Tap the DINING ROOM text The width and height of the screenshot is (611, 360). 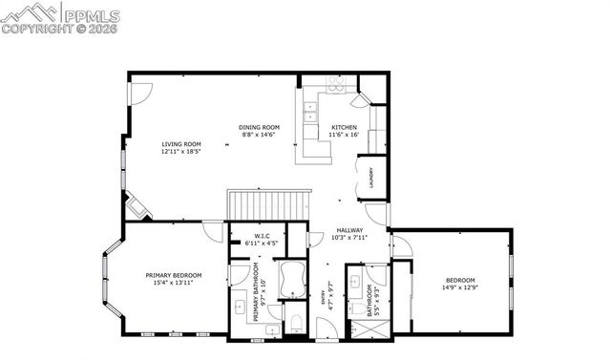click(x=259, y=127)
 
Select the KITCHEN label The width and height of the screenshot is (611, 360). click(x=344, y=127)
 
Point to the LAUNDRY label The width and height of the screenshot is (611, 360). click(x=371, y=179)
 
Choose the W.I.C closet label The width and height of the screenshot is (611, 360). click(x=261, y=236)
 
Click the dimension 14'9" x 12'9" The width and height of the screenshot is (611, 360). click(x=459, y=286)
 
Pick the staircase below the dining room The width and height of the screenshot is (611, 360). click(x=268, y=204)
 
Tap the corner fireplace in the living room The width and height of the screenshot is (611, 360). click(x=135, y=207)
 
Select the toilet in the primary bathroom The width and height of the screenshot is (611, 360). click(x=295, y=321)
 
